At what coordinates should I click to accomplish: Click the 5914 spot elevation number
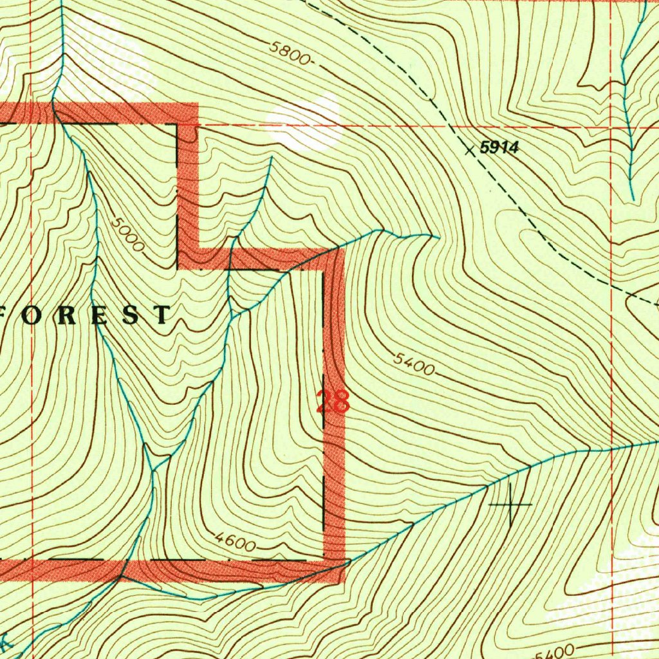click(x=499, y=148)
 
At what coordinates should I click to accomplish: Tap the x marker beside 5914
click(x=470, y=149)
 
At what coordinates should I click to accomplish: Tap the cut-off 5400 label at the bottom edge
click(x=555, y=651)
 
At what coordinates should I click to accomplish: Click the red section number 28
click(x=333, y=402)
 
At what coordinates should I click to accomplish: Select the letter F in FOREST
click(x=7, y=315)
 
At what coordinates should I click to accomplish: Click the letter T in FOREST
click(x=162, y=315)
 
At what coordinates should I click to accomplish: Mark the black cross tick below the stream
click(x=510, y=504)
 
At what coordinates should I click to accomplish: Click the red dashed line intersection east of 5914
click(x=611, y=127)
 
